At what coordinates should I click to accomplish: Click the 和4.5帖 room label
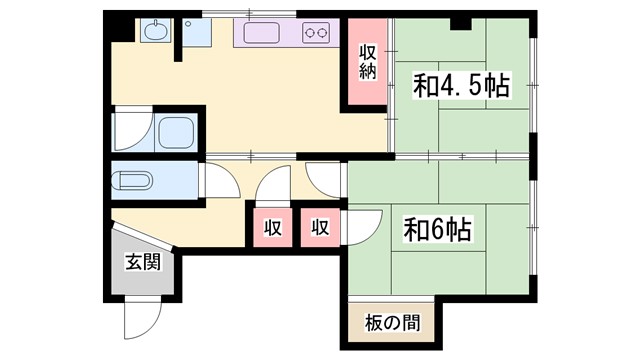[461, 87]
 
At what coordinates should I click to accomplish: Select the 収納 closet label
[369, 61]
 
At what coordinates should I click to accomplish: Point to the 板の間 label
[391, 323]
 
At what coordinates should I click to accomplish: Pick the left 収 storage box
[272, 227]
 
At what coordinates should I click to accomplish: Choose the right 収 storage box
[320, 227]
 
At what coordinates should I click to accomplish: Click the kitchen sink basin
[263, 33]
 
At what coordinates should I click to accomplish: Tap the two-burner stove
[317, 33]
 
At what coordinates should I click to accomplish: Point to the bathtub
[177, 131]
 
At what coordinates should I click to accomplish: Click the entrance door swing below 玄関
[140, 320]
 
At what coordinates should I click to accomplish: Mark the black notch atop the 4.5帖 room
[461, 23]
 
